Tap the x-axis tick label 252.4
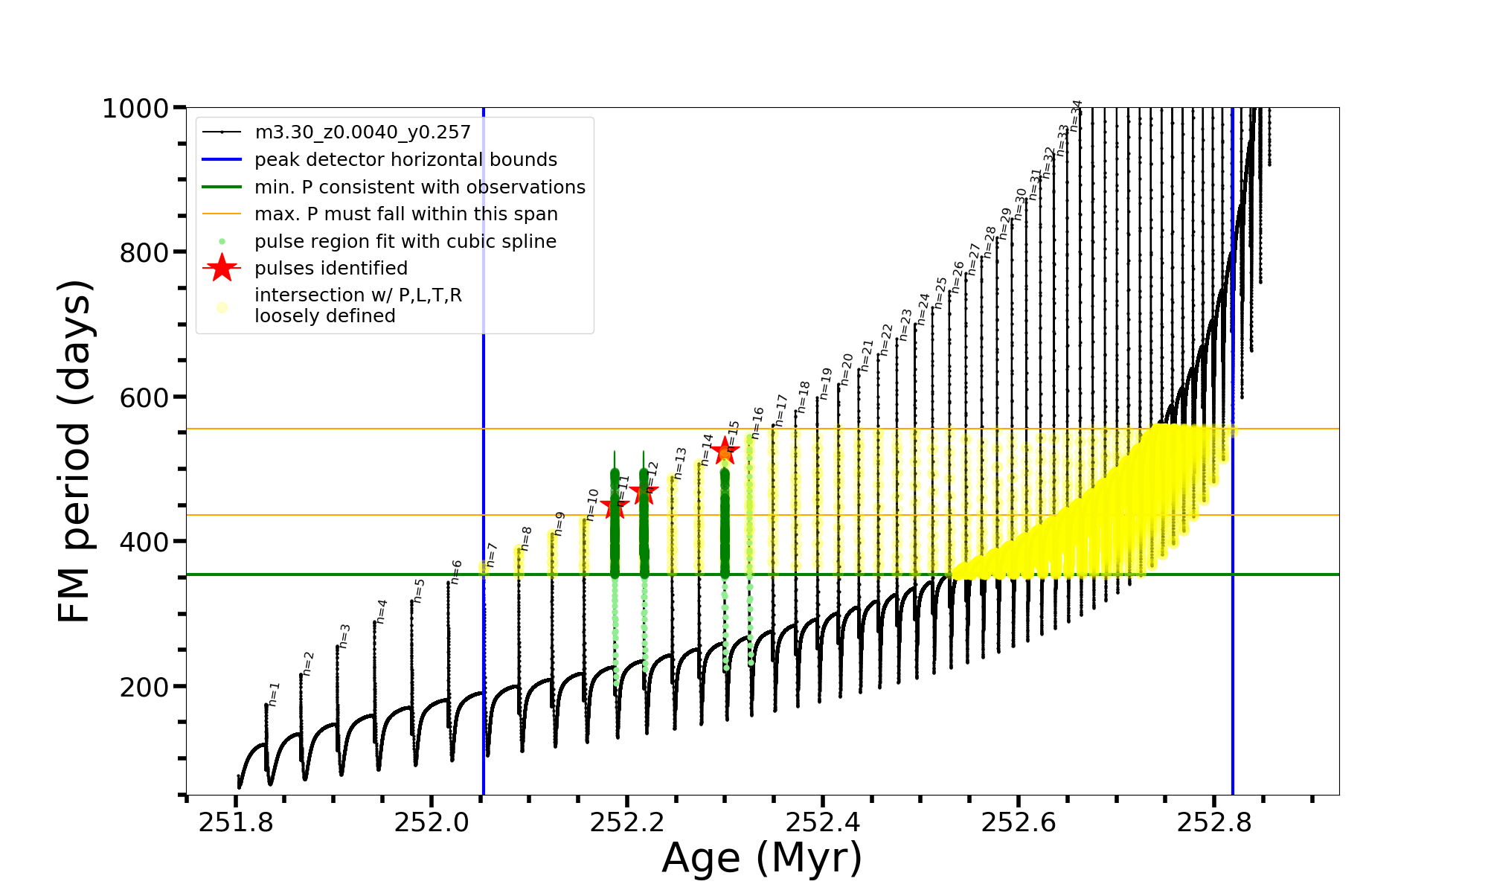coord(823,822)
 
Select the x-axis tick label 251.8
coord(236,822)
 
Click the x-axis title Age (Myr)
coord(762,858)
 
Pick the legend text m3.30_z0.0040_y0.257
coord(362,132)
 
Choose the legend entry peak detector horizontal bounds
coord(405,160)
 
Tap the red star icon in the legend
coord(222,268)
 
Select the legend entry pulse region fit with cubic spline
coord(405,242)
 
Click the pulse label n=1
coord(274,694)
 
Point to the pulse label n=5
coord(419,590)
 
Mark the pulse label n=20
coord(847,369)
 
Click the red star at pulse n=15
coord(725,449)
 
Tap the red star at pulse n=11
coord(615,507)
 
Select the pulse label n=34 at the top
coord(1076,115)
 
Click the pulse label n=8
coord(526,538)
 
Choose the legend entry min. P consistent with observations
coord(420,188)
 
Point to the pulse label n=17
coord(780,410)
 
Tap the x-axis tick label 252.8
coord(1214,822)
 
